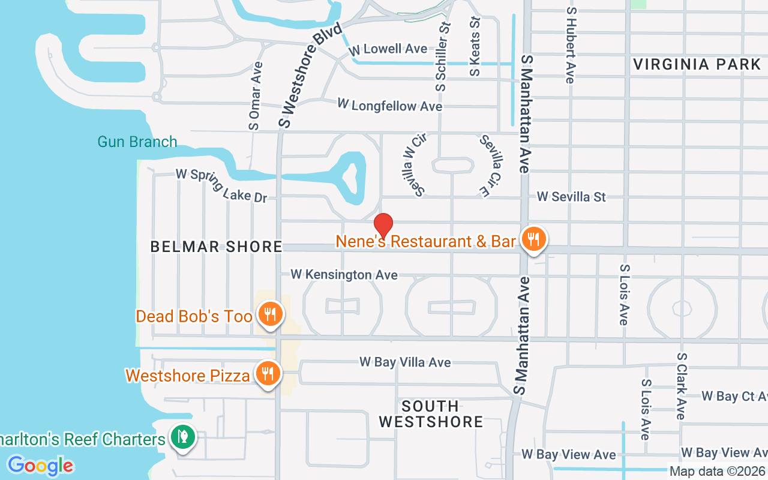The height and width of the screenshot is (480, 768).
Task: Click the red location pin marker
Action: pos(383,226)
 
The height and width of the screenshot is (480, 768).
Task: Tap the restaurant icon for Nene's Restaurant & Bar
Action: pos(532,239)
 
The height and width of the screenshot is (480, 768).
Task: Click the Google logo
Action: pos(40,465)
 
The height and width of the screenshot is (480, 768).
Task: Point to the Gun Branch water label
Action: pos(137,142)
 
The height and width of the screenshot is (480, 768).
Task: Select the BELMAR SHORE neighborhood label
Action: pos(216,247)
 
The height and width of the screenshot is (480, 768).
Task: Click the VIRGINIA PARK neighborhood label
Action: pos(697,64)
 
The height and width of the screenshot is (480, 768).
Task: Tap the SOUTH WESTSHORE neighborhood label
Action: pos(431,414)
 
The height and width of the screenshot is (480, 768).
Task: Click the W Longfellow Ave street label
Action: pos(389,106)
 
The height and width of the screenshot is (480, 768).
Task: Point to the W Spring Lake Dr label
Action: pos(221,185)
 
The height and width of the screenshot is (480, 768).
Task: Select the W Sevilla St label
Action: pos(571,196)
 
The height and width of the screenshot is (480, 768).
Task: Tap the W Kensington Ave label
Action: pos(344,275)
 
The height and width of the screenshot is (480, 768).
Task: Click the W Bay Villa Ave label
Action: pos(405,362)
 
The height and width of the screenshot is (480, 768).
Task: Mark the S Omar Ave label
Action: pos(256,96)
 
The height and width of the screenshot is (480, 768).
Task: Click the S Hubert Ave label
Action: pos(569,45)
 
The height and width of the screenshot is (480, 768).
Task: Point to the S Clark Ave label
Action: pos(681,386)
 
